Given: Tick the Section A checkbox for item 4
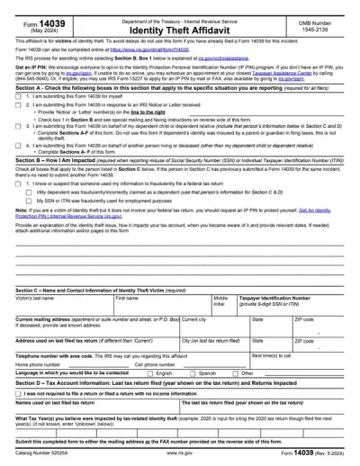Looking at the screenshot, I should click(x=19, y=170).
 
